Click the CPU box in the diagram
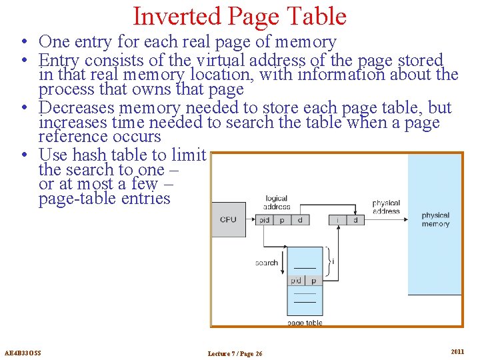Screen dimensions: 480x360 point(228,219)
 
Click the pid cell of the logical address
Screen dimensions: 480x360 point(265,219)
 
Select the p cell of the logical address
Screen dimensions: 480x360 point(283,219)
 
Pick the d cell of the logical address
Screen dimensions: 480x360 point(301,219)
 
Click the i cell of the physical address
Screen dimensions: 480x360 point(338,219)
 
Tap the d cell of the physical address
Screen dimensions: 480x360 point(355,219)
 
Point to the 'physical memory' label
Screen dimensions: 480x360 point(435,219)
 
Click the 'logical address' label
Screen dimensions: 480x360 point(277,202)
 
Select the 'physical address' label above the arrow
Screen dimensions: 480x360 point(386,207)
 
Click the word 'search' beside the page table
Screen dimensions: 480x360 point(267,263)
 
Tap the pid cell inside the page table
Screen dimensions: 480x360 point(296,281)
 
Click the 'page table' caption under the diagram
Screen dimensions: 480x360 point(305,323)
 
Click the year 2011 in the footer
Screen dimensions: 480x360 point(457,351)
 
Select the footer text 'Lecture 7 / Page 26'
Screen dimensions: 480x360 point(235,353)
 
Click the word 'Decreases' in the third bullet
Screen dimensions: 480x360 point(75,108)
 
